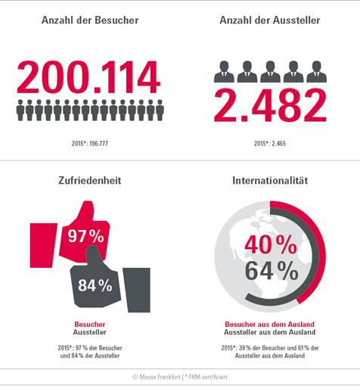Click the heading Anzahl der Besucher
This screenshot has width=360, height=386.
click(90, 20)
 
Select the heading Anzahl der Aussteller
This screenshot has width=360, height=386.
click(270, 20)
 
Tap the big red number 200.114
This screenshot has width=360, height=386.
click(88, 77)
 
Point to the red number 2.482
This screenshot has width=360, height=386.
click(270, 105)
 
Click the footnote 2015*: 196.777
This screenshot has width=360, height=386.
click(90, 144)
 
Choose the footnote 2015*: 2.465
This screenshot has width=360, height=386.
click(270, 144)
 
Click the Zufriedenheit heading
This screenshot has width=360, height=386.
click(90, 180)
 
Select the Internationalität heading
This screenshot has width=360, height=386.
click(270, 180)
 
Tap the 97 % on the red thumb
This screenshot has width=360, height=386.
click(85, 236)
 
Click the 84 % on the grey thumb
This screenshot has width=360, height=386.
click(95, 285)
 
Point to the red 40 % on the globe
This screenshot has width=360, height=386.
click(271, 244)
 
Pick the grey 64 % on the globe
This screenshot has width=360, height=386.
click(272, 271)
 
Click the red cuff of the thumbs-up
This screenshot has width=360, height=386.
click(43, 245)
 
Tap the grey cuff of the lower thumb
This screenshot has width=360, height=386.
click(137, 290)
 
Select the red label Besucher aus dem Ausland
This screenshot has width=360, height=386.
click(270, 324)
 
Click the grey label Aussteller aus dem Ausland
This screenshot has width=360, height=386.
click(270, 332)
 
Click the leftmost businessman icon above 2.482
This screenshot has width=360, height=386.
click(224, 72)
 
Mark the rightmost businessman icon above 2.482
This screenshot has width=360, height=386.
click(317, 72)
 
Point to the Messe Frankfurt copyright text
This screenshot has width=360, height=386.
click(157, 377)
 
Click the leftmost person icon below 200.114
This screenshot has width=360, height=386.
click(20, 110)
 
